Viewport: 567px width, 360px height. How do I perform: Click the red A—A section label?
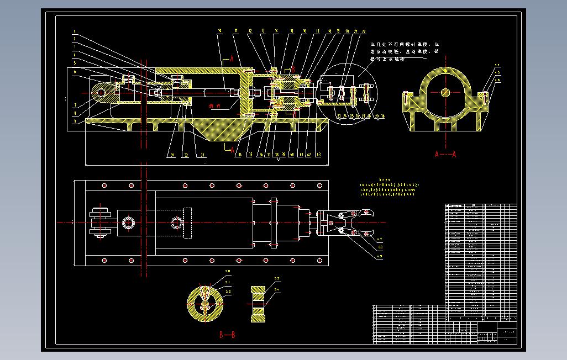click(445, 155)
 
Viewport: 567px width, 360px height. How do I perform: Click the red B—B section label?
click(227, 335)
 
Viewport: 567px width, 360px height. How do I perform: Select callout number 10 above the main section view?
click(220, 31)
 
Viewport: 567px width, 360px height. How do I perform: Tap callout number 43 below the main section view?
click(319, 155)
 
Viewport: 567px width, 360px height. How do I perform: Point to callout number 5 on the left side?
click(75, 62)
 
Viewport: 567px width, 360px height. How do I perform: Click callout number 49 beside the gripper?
click(379, 256)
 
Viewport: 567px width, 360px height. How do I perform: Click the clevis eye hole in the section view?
click(100, 93)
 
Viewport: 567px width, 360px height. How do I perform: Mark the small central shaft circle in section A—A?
click(445, 93)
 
